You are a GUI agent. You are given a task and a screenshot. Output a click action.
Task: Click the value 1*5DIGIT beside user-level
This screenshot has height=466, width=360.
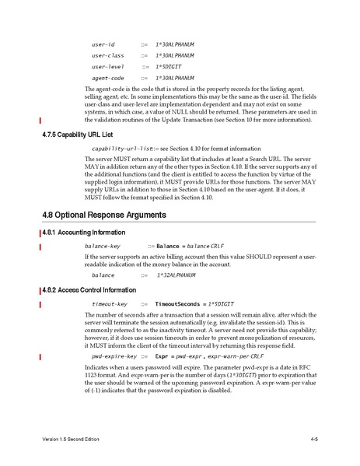coord(172,67)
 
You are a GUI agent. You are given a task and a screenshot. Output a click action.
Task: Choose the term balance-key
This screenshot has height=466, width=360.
coord(106,246)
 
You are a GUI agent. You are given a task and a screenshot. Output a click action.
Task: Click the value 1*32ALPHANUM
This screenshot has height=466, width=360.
coord(175,275)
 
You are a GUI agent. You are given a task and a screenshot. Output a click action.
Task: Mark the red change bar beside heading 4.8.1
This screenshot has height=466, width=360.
coord(40,233)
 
